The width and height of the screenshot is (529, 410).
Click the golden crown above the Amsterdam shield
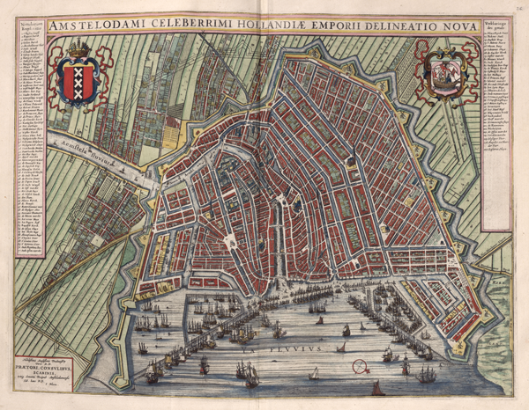click(78, 48)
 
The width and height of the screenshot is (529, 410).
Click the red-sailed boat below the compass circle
click(377, 388)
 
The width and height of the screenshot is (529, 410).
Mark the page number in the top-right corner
click(520, 5)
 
